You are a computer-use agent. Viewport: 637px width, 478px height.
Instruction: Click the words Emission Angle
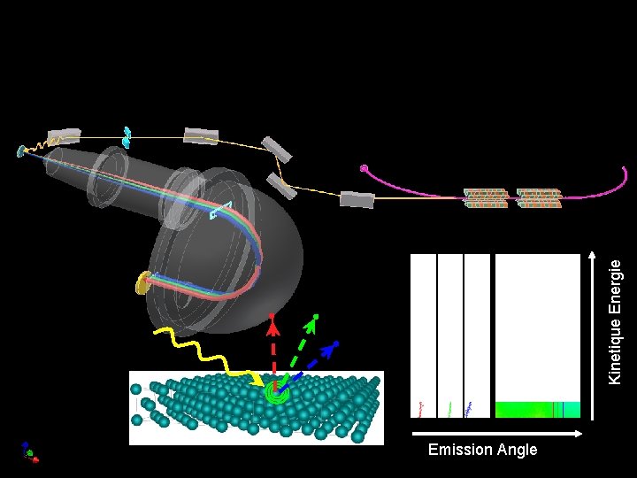click(482, 450)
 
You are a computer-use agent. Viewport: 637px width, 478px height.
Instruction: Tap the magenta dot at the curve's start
click(364, 168)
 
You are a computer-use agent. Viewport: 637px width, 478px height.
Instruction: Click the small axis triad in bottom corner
click(29, 452)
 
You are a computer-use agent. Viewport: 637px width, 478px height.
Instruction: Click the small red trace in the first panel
click(421, 407)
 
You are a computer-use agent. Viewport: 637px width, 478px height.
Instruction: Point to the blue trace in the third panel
click(469, 408)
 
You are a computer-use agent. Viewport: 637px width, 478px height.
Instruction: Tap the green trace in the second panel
click(450, 408)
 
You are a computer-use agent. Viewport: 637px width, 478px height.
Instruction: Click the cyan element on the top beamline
click(127, 136)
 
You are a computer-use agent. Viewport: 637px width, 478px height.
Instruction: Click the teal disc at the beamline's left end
click(21, 151)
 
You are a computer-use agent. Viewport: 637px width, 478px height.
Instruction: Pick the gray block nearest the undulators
click(357, 199)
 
